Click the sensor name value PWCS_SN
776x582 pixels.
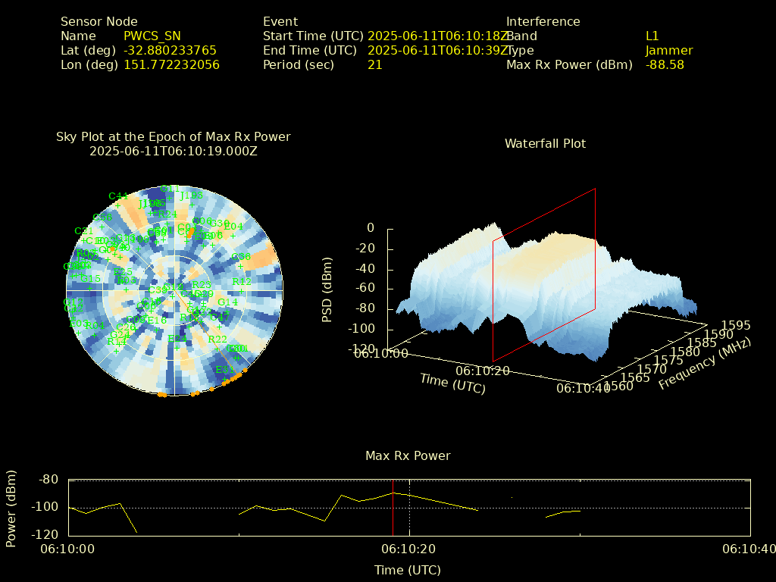[x=152, y=36]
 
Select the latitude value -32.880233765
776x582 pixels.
[x=170, y=50]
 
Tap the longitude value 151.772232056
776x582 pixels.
[x=171, y=64]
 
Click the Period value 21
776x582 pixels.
[x=374, y=64]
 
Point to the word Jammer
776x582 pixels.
[x=669, y=50]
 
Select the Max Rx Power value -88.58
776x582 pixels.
[x=665, y=64]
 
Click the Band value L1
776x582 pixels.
[x=652, y=36]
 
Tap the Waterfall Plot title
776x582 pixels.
[x=545, y=143]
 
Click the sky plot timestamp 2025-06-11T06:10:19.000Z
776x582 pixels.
[x=173, y=151]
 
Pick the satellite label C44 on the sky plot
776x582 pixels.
[x=118, y=196]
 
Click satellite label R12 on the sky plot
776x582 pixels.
[x=242, y=281]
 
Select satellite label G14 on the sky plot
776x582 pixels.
[x=227, y=302]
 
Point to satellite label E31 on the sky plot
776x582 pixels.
[x=224, y=370]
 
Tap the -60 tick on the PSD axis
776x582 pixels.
[x=365, y=288]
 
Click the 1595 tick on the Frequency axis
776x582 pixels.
[x=737, y=325]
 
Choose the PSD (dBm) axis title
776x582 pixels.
[x=327, y=288]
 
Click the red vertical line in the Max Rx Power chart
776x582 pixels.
[x=393, y=508]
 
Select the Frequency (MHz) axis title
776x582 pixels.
[x=704, y=363]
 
